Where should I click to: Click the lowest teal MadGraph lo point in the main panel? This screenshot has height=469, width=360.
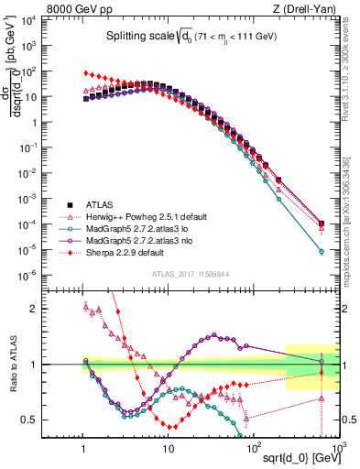coord(321,251)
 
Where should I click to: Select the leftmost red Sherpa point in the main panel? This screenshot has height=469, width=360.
coord(85,72)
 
